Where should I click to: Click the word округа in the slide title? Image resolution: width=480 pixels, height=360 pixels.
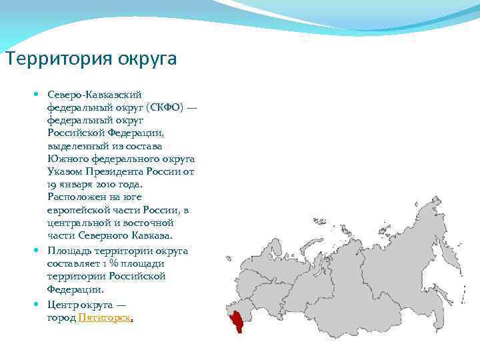[x=147, y=60]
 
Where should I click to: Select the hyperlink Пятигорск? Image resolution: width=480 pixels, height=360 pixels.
[x=105, y=318]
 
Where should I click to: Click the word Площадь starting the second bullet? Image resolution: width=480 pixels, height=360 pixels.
[x=68, y=251]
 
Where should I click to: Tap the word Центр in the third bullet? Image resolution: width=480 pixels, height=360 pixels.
[x=62, y=305]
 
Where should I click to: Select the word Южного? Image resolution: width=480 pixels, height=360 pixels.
[x=66, y=158]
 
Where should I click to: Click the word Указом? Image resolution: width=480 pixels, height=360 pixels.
[x=64, y=171]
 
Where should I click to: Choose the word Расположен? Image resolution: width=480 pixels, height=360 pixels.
[x=75, y=197]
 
